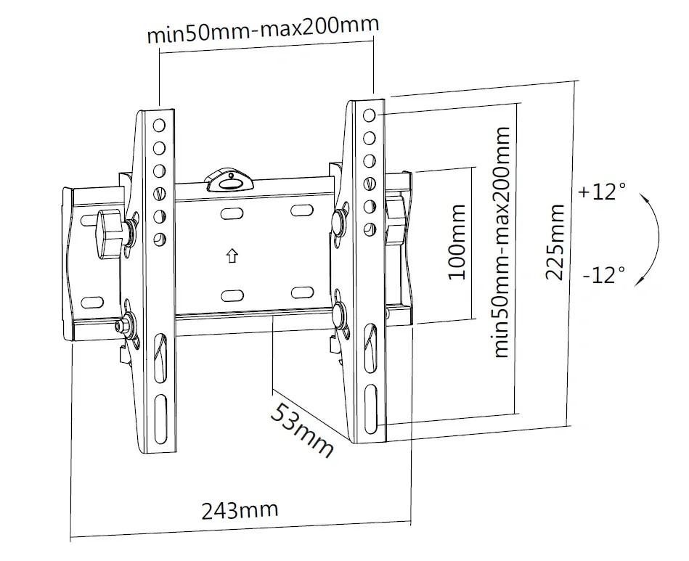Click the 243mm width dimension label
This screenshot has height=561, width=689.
[240, 510]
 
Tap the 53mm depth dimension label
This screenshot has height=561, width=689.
[301, 431]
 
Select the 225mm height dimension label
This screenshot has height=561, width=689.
[555, 242]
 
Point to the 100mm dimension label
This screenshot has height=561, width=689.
[457, 242]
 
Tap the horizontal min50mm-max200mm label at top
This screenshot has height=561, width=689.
[263, 30]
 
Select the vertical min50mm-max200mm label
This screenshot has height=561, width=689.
[502, 242]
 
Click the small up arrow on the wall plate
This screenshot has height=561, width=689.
[232, 255]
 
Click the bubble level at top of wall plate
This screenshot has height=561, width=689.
[229, 181]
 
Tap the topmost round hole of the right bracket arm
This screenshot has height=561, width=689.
[370, 115]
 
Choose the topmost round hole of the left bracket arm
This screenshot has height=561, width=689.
[159, 126]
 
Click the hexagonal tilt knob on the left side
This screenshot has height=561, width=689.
[109, 231]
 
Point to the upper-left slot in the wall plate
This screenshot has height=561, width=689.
[232, 214]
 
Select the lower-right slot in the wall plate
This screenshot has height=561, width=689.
[302, 292]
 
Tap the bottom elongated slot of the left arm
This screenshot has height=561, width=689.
[160, 419]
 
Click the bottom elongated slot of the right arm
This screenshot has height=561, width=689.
[370, 408]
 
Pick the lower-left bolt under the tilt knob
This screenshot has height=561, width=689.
[119, 326]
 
